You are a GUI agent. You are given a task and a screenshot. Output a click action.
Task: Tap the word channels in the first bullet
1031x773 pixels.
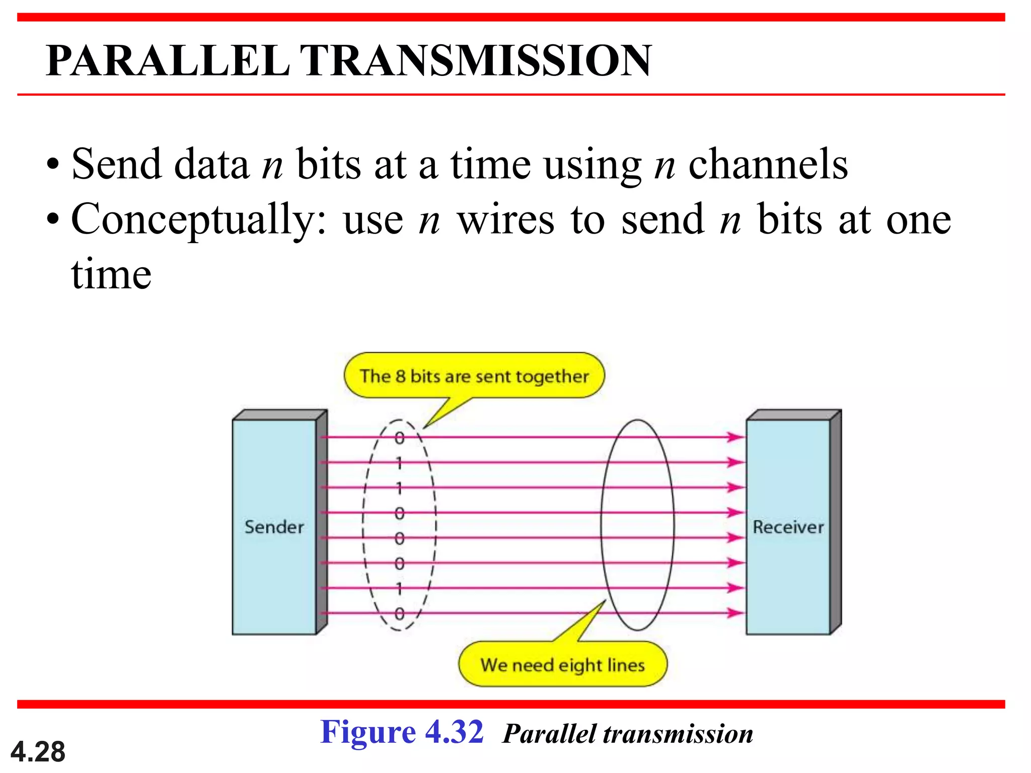768,165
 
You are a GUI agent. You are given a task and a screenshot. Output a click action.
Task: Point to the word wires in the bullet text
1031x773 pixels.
505,220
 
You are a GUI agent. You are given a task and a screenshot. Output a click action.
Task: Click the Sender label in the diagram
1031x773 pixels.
274,527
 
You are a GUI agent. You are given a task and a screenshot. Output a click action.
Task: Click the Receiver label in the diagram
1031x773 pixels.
788,527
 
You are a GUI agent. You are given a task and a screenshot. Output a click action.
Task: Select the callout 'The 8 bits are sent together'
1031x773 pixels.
474,376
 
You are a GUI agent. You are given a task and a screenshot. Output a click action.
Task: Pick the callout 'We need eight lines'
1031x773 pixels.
562,665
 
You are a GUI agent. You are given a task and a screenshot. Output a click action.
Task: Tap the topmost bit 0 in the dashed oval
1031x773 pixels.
399,438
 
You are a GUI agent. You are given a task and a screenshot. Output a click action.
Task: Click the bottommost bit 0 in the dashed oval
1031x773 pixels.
399,613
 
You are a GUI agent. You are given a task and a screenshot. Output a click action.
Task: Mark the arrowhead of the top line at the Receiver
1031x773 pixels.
736,437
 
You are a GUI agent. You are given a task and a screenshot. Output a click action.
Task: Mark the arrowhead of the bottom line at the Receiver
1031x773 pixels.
736,612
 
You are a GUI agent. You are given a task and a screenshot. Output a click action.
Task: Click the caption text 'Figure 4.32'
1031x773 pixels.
402,732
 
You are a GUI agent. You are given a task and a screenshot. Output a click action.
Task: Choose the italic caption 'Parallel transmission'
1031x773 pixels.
627,734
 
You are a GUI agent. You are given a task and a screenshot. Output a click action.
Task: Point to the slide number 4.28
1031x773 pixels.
38,752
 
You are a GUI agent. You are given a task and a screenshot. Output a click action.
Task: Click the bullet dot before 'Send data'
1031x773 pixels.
52,165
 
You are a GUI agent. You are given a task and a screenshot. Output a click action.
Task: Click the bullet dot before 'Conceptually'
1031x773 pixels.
52,220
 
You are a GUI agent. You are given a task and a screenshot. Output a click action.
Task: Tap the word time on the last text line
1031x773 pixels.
111,275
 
